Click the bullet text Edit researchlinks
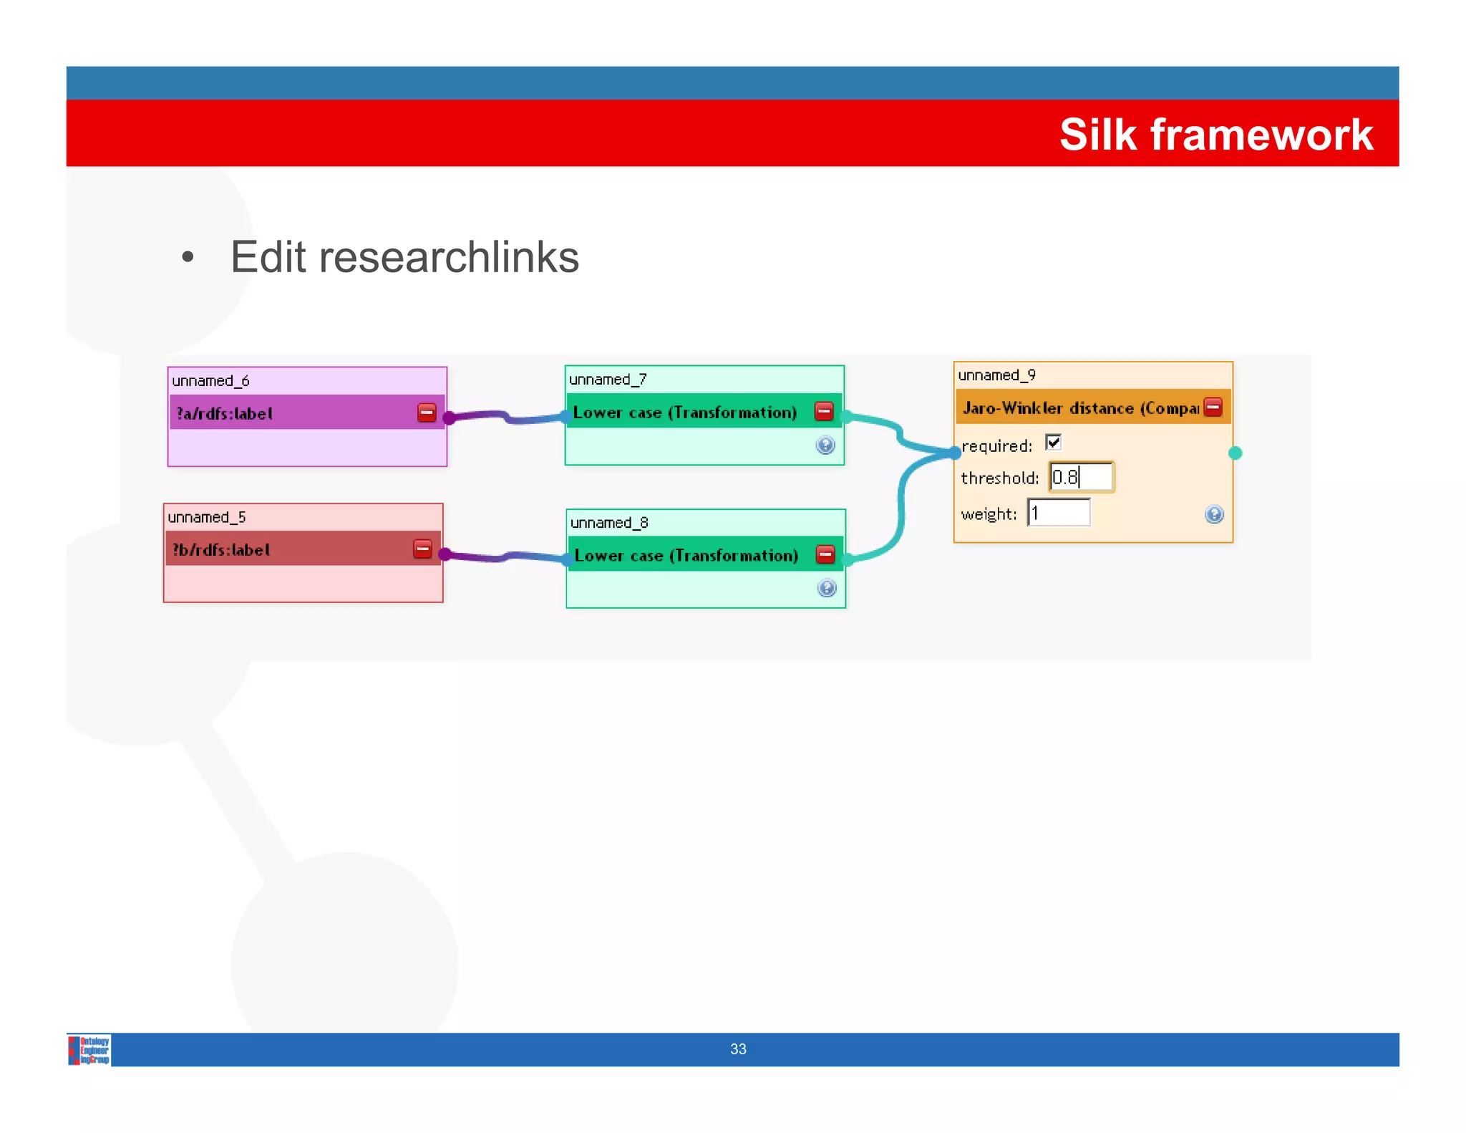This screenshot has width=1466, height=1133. coord(404,257)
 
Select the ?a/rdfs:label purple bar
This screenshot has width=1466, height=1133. coord(293,413)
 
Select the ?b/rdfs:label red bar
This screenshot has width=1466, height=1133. coord(286,549)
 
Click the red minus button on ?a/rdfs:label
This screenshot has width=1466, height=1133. coord(427,413)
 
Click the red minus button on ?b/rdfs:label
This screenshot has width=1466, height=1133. coord(423,549)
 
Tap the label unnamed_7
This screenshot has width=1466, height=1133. coord(608,380)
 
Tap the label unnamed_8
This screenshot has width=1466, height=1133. coord(609,523)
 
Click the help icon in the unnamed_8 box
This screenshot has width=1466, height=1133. coord(827,589)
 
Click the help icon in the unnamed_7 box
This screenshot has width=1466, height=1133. coord(825,445)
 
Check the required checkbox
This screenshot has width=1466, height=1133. coord(1053,443)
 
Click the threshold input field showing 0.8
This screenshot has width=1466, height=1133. coord(1082,477)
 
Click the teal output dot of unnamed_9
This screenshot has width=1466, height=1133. coord(1235,453)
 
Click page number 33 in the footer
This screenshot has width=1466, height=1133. coord(738,1049)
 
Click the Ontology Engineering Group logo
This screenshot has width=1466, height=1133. coord(89,1050)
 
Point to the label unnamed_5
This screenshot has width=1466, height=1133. coord(207,517)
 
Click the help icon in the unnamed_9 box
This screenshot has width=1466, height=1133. coord(1214,514)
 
